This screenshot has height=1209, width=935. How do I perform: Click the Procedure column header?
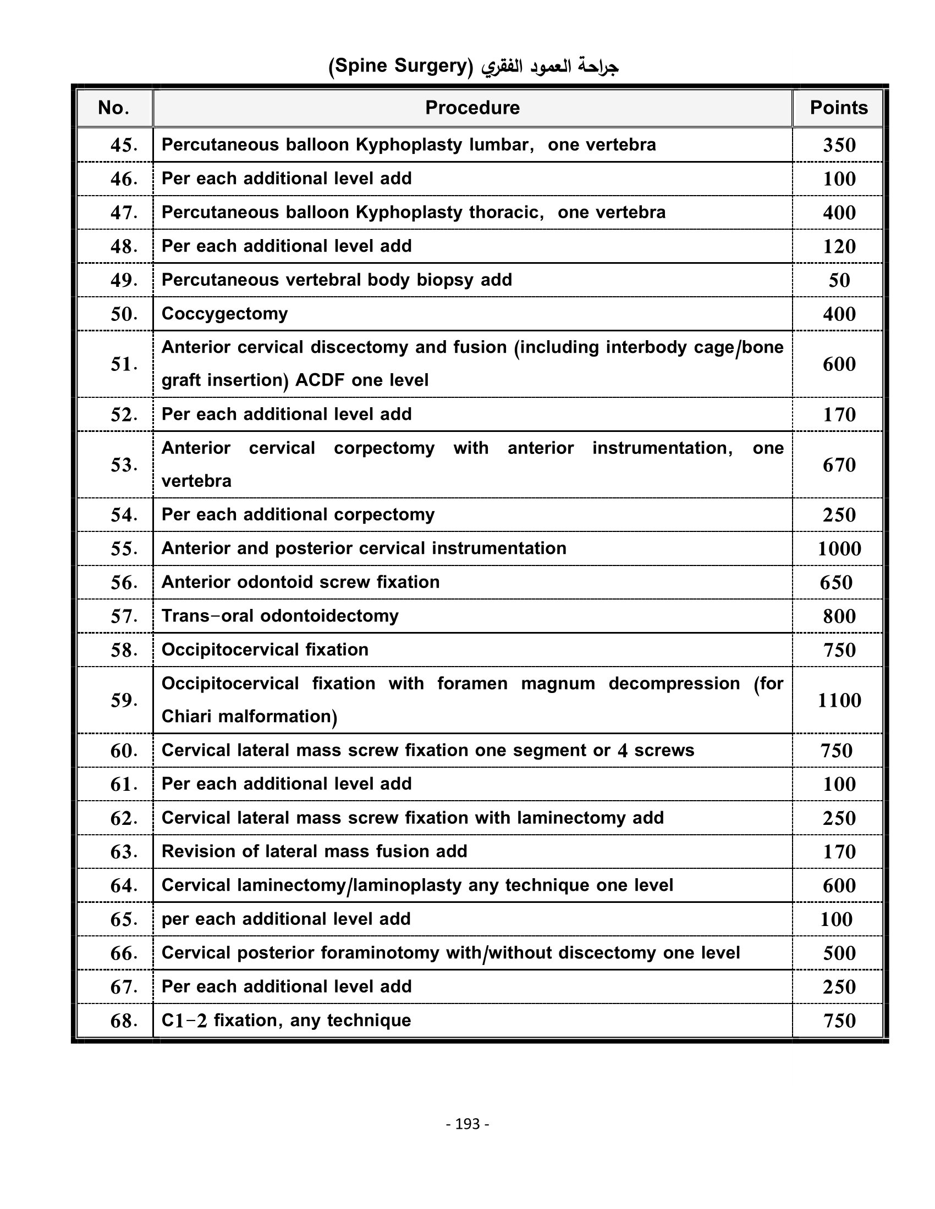pos(472,108)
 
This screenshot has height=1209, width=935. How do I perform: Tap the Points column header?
pos(838,108)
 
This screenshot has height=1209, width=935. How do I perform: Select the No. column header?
pos(113,108)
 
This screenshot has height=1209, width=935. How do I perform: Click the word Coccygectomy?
pos(224,314)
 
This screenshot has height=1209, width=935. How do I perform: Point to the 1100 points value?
pos(839,700)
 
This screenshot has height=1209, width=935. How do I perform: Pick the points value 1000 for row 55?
pos(839,548)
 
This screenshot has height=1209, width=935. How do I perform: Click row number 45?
pos(124,145)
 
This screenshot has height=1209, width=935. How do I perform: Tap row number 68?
pos(124,1021)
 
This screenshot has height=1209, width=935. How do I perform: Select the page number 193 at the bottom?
pos(468,1124)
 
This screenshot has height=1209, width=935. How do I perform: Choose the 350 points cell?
pos(839,145)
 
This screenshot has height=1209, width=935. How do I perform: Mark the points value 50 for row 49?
pos(839,280)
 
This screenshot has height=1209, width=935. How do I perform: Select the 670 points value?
pos(839,465)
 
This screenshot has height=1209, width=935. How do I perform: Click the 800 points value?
pos(839,616)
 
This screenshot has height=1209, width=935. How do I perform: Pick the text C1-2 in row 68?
pos(184,1021)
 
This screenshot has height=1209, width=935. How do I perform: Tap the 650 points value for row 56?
pos(836,583)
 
